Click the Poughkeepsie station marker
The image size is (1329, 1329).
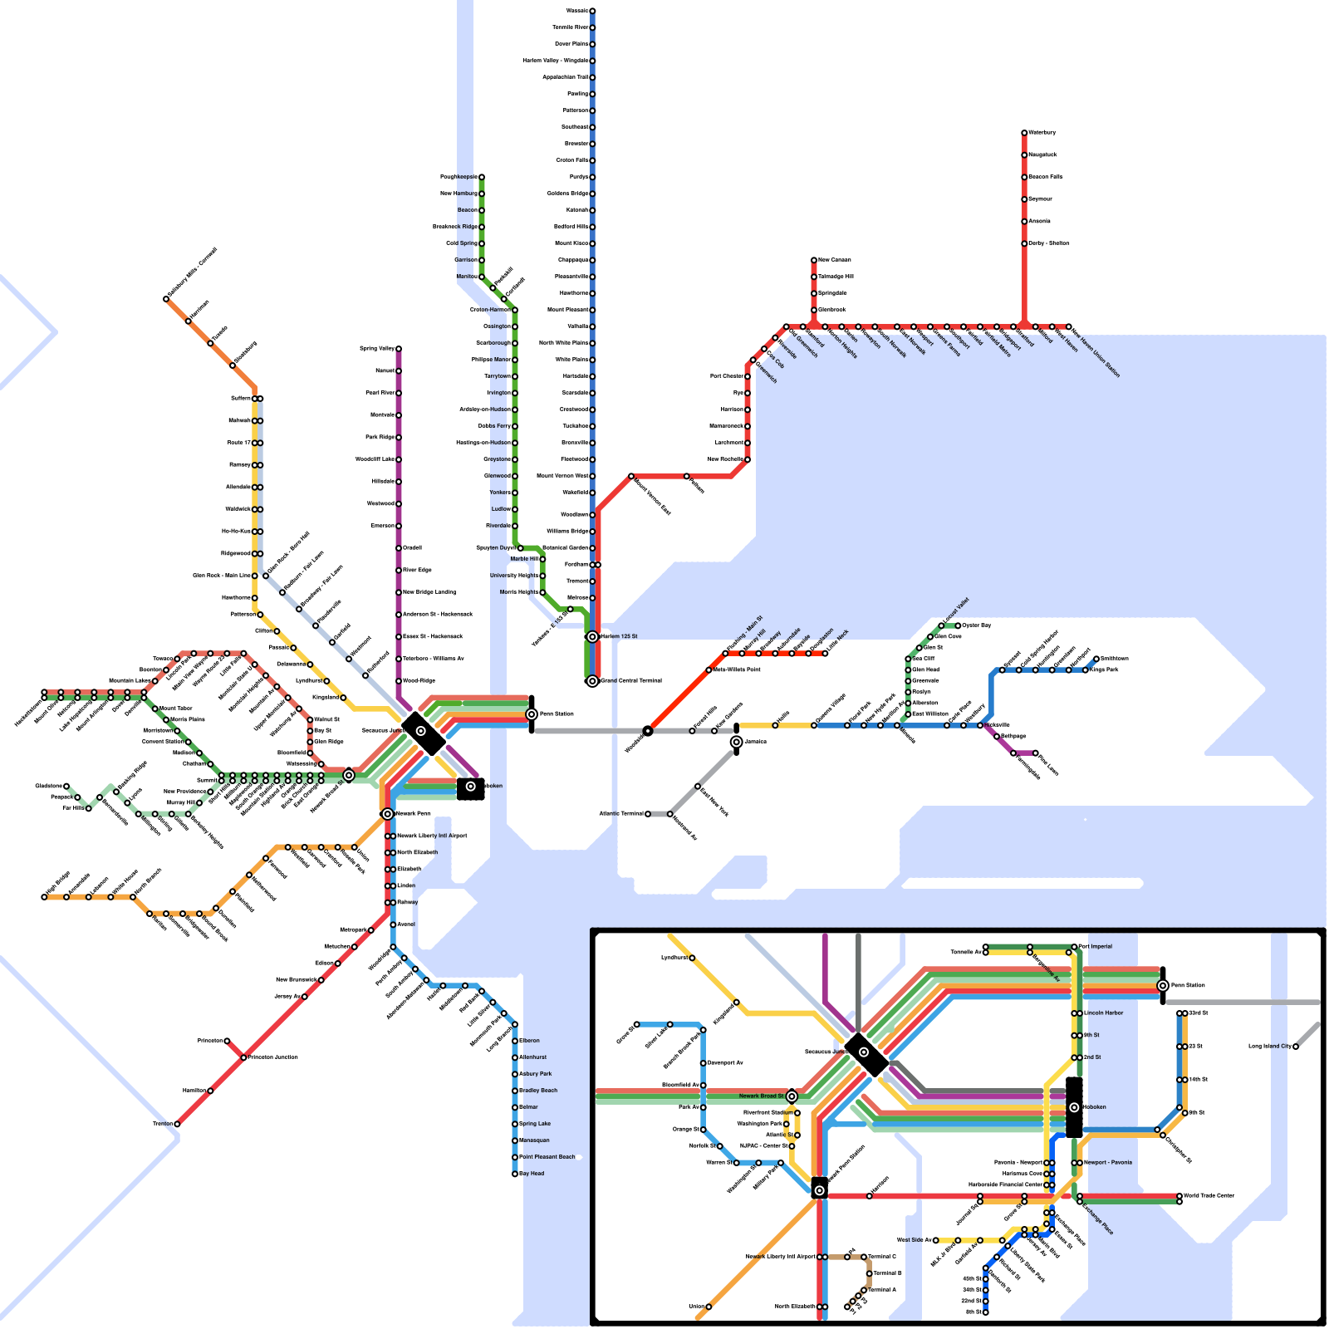coord(481,177)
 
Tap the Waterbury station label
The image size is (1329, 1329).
coord(1042,133)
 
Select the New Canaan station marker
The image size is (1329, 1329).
coord(814,260)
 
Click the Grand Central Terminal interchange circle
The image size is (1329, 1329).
coord(592,681)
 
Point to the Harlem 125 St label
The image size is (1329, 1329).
coord(620,636)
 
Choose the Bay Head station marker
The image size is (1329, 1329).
coord(515,1174)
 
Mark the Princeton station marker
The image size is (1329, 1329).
coord(227,1041)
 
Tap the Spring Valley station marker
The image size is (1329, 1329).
coord(399,349)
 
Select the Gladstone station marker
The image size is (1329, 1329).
coord(66,786)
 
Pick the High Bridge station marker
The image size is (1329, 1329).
coord(44,897)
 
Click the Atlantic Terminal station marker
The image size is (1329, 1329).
coord(648,814)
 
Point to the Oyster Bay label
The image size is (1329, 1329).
coord(977,625)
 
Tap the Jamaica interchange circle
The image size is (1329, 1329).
coord(736,742)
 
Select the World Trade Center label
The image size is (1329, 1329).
coord(1209,1196)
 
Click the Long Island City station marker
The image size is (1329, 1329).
coord(1296,1047)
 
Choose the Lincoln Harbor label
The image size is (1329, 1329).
coord(1104,1013)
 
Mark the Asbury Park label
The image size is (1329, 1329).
coord(536,1074)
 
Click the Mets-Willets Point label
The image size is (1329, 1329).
coord(737,669)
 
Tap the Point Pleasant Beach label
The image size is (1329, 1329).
coord(547,1157)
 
